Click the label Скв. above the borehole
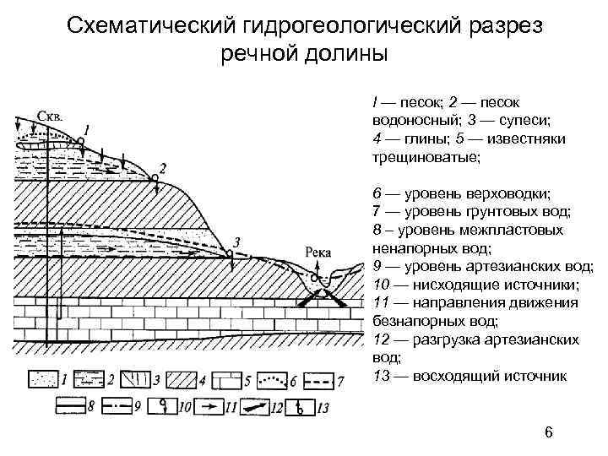point(50,116)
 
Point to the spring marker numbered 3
point(229,252)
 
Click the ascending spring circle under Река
point(314,278)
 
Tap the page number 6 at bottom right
point(549,432)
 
